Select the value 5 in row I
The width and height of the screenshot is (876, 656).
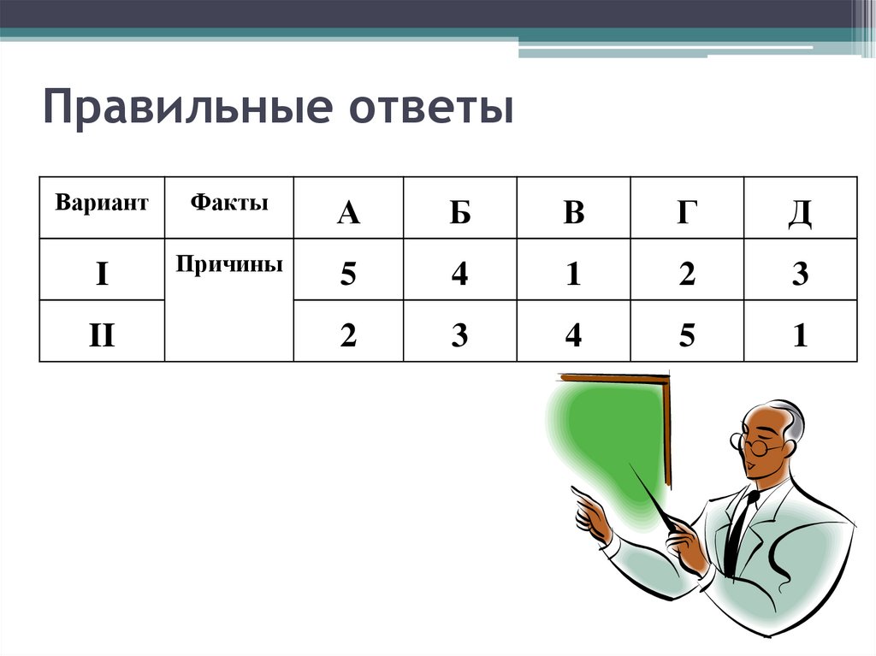tap(347, 274)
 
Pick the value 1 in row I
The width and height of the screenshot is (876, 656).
tap(573, 274)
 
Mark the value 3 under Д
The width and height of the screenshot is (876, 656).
tap(800, 274)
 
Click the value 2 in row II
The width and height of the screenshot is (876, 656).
tap(347, 335)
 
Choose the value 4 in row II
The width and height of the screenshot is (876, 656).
tap(573, 335)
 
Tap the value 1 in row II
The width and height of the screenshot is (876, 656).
tap(800, 335)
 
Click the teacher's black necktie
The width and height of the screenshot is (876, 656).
tap(737, 530)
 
